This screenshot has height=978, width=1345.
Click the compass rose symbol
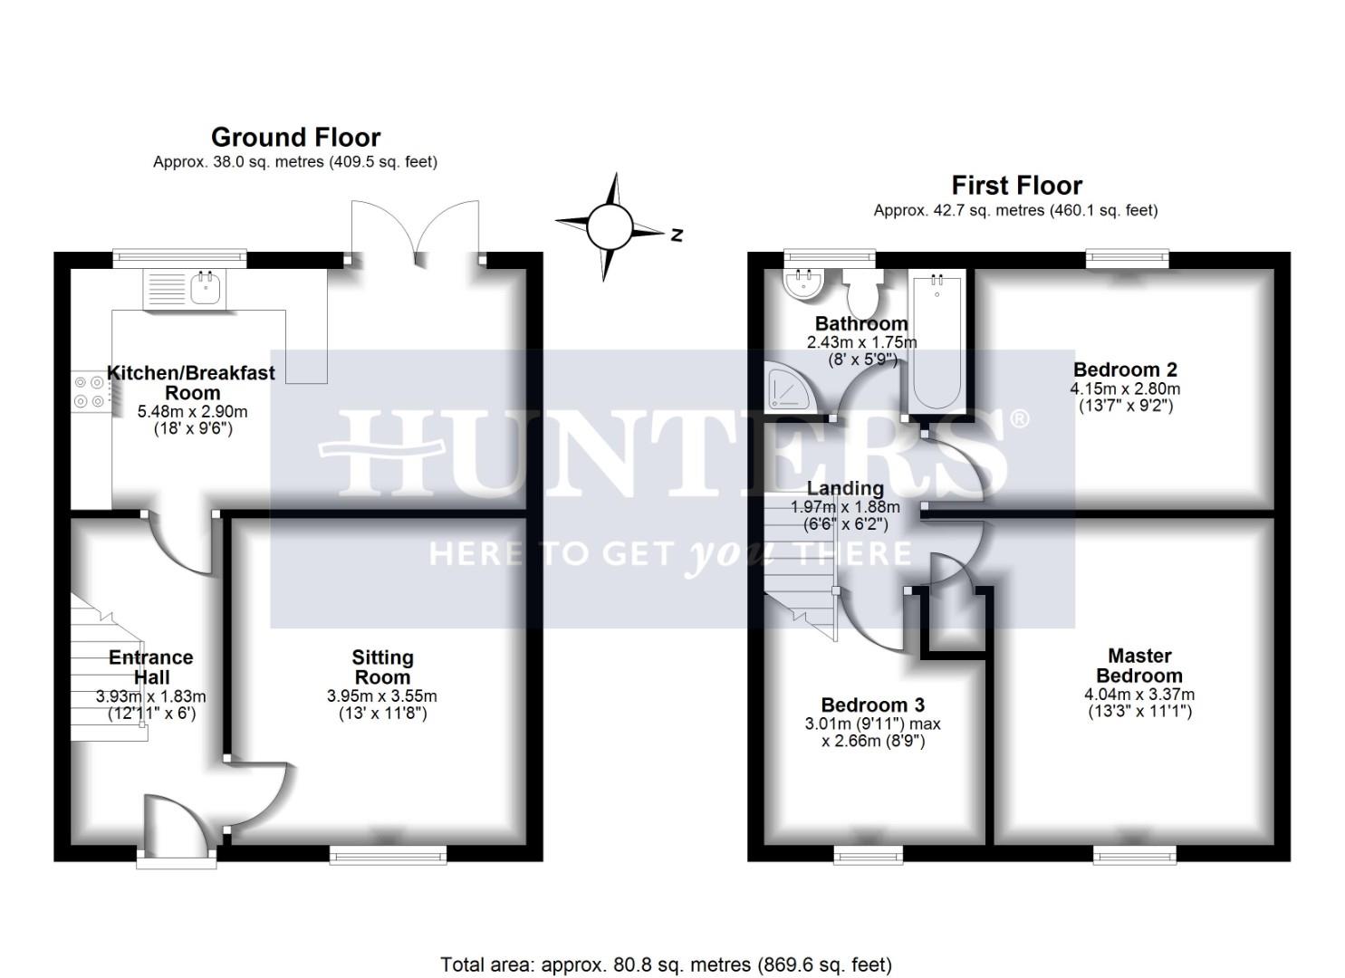pyautogui.click(x=609, y=226)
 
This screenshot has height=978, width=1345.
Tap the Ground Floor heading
pyautogui.click(x=295, y=138)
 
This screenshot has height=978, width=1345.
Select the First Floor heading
pyautogui.click(x=1016, y=186)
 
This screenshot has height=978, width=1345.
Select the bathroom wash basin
pyautogui.click(x=802, y=283)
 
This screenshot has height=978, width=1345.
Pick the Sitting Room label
pyautogui.click(x=382, y=667)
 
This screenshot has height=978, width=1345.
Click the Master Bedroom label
pyautogui.click(x=1138, y=666)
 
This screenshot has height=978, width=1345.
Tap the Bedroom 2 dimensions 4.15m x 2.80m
pyautogui.click(x=1125, y=388)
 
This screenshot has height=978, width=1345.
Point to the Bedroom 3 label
pyautogui.click(x=872, y=705)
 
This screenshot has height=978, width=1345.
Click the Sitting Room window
pyautogui.click(x=388, y=854)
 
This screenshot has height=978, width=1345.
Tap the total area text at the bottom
pyautogui.click(x=666, y=964)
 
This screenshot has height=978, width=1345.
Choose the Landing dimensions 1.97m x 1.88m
pyautogui.click(x=845, y=507)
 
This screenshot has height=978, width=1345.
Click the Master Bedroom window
pyautogui.click(x=1134, y=854)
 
